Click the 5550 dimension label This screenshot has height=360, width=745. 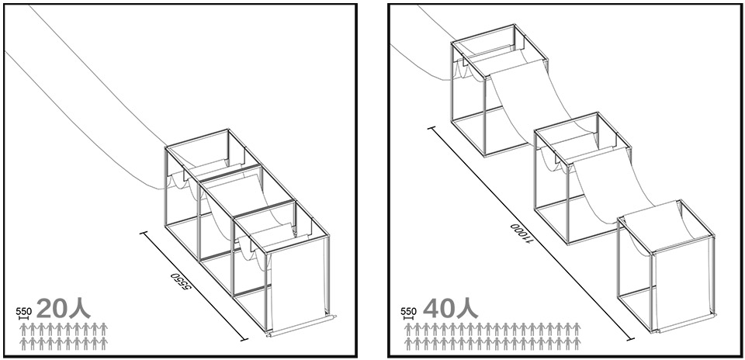(183, 286)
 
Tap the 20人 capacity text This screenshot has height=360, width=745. (63, 309)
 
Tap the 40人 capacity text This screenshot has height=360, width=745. (450, 309)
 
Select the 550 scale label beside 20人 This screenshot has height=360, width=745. (24, 311)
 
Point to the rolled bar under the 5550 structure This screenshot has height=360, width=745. (302, 326)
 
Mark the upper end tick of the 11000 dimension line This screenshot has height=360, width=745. (431, 128)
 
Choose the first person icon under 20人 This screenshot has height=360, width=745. (23, 329)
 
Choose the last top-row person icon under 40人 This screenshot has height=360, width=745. (577, 329)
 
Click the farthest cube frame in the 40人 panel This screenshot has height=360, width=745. (499, 90)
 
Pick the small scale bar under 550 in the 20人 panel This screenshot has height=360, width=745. (20, 317)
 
